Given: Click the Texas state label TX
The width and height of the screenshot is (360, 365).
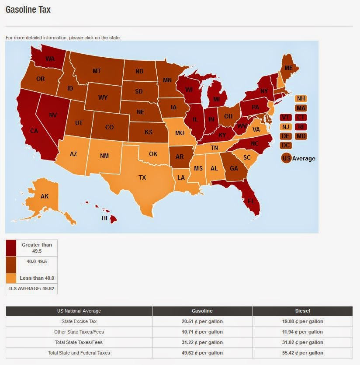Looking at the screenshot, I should [142, 177].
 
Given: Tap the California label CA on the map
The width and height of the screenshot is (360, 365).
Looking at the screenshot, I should [34, 130].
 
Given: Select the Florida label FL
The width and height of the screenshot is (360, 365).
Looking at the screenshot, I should [251, 202].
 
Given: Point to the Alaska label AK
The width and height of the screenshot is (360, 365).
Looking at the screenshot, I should [45, 196].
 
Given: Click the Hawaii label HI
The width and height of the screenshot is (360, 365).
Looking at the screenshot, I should [105, 218].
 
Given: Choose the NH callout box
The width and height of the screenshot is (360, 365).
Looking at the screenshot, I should [301, 99].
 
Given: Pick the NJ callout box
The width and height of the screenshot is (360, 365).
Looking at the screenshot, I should [285, 127].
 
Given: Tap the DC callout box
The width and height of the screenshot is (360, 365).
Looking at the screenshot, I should [285, 145].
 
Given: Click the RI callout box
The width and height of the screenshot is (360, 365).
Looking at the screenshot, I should [301, 127].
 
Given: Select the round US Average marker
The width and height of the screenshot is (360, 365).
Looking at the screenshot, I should [287, 158].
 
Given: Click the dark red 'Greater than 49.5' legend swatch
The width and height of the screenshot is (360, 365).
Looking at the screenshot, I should [11, 248].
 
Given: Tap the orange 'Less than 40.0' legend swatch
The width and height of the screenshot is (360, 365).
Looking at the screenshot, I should [11, 278].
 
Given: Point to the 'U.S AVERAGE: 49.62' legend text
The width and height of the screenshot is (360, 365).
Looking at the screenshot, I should [31, 289].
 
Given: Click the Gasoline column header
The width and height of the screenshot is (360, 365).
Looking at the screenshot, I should [202, 311].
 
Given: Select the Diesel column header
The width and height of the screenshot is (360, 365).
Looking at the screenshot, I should [302, 311].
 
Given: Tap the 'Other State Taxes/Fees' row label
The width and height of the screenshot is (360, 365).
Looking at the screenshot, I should [79, 332].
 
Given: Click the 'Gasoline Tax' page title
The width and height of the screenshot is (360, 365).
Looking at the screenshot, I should [28, 9].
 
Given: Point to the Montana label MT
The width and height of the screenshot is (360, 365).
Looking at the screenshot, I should [97, 71].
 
